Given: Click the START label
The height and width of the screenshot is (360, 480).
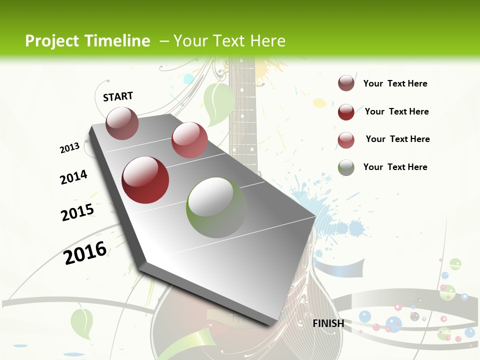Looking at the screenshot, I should tap(118, 96).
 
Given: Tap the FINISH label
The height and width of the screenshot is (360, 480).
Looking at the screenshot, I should tap(328, 323).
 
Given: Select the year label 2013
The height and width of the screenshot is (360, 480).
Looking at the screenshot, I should tap(70, 148).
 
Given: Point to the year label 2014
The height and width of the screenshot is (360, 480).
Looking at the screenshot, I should tap(73, 177).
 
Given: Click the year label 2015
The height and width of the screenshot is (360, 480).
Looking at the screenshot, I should tap(77, 212).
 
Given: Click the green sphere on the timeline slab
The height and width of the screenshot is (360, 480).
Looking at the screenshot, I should tap(216, 207).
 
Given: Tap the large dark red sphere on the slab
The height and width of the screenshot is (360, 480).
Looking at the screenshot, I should tap(145, 180).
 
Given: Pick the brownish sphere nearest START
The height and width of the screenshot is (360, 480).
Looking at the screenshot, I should tap(122, 123).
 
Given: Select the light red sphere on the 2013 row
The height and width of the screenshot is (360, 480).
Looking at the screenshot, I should tap(189, 140).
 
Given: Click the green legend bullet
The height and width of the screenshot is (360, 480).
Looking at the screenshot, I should tap(346, 167).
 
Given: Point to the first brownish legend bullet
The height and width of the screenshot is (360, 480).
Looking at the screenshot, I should tap(346, 83).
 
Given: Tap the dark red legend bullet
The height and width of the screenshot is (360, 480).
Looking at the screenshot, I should tap(346, 112).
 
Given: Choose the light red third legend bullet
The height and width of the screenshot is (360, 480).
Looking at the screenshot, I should tap(346, 140).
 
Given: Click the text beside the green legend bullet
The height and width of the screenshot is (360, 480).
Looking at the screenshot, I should tap(395, 167).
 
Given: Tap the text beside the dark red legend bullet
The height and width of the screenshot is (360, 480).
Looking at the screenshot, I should tap(397, 111).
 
